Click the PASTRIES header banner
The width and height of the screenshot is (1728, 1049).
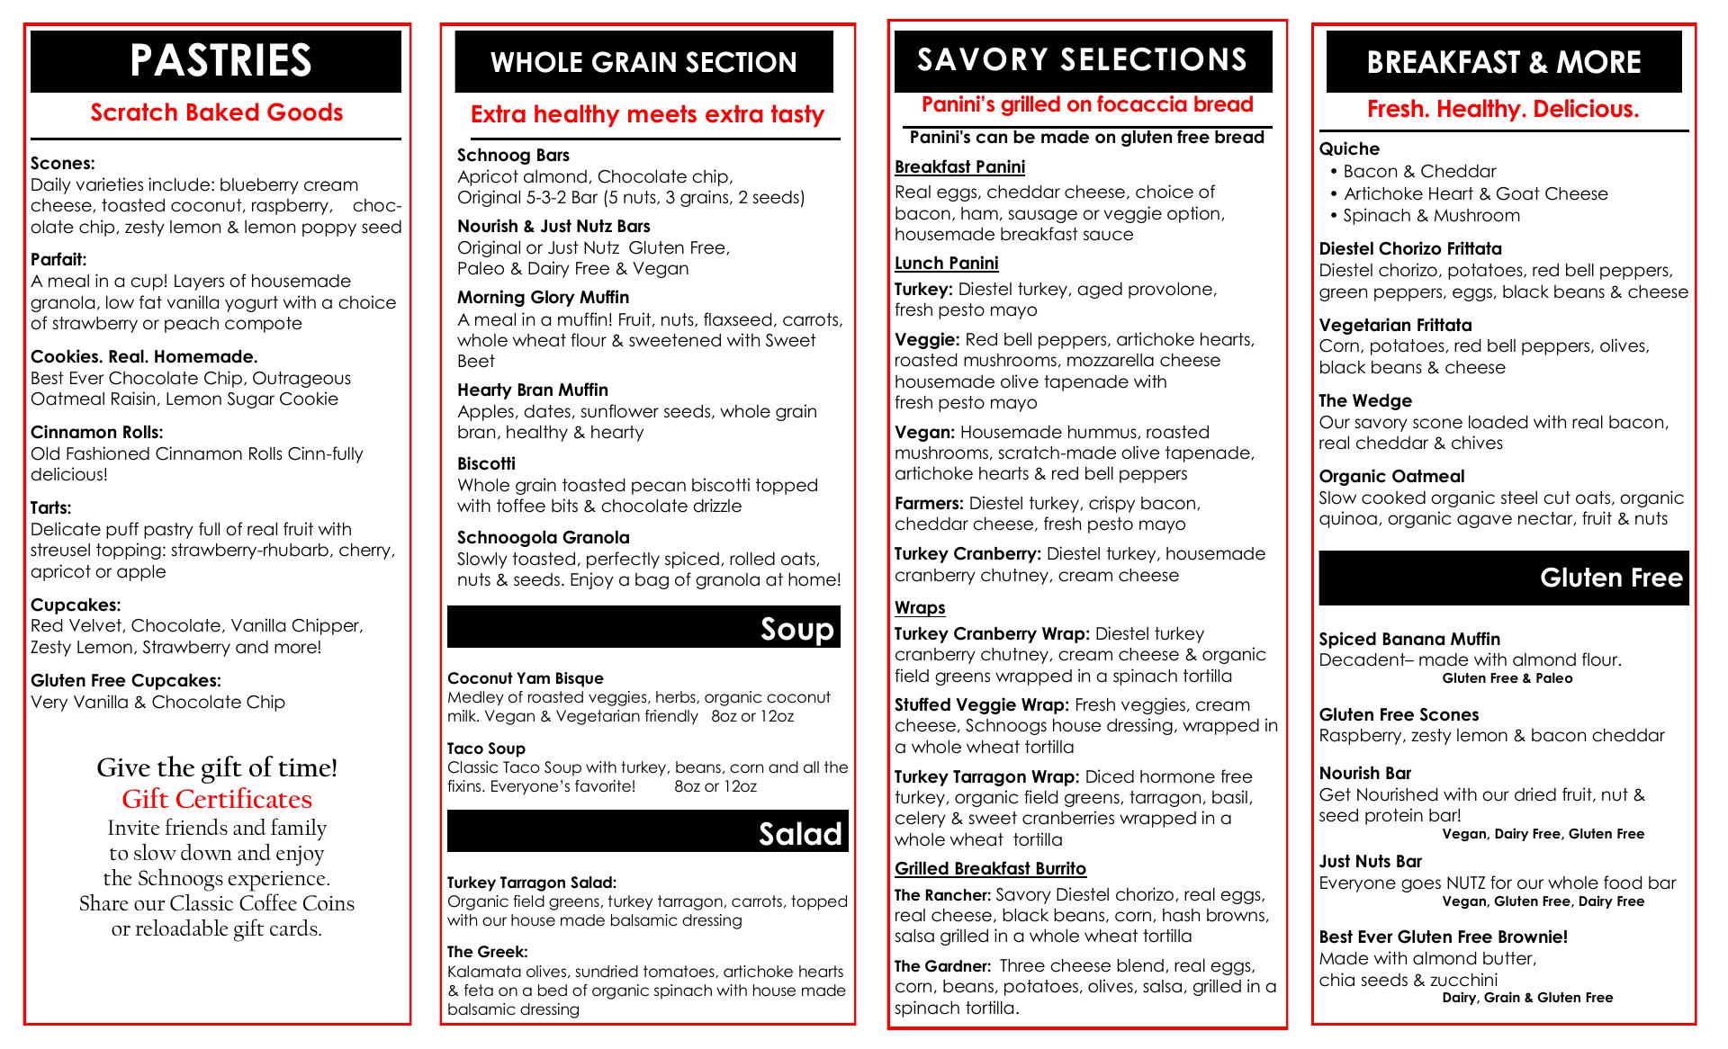[216, 61]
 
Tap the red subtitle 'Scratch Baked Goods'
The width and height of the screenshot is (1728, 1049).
[216, 112]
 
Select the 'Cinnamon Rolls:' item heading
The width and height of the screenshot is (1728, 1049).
[97, 432]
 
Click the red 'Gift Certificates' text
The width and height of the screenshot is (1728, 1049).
[217, 799]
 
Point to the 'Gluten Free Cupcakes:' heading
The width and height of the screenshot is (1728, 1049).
[126, 680]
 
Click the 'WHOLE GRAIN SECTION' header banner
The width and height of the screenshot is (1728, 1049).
[643, 61]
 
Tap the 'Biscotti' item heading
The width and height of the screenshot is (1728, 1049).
[486, 463]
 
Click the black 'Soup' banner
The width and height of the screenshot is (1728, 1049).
[643, 627]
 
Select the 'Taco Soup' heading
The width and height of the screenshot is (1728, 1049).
[486, 748]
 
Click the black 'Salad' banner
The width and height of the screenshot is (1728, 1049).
[647, 831]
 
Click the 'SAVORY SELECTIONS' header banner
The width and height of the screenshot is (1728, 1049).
[1083, 60]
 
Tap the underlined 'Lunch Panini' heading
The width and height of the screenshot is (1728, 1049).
[946, 263]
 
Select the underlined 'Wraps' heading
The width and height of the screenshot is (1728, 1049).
[920, 607]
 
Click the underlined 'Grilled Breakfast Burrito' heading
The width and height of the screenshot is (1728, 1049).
[990, 868]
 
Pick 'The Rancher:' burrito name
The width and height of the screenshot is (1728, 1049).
[942, 895]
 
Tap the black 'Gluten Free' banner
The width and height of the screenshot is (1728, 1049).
[1503, 578]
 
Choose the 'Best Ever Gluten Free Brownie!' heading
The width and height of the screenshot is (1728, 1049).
[1444, 937]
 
